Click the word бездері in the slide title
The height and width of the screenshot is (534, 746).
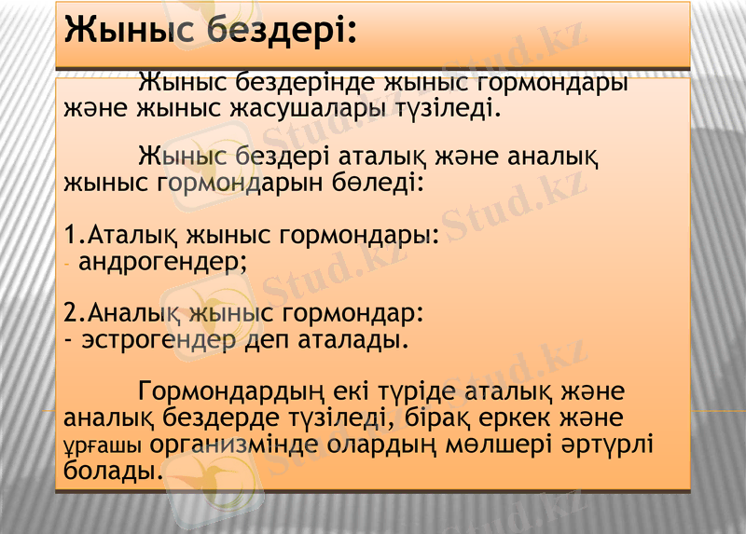[281, 30]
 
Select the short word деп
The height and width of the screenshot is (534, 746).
[269, 336]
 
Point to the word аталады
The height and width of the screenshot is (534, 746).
[352, 336]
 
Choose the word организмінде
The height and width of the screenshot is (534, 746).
[237, 443]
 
